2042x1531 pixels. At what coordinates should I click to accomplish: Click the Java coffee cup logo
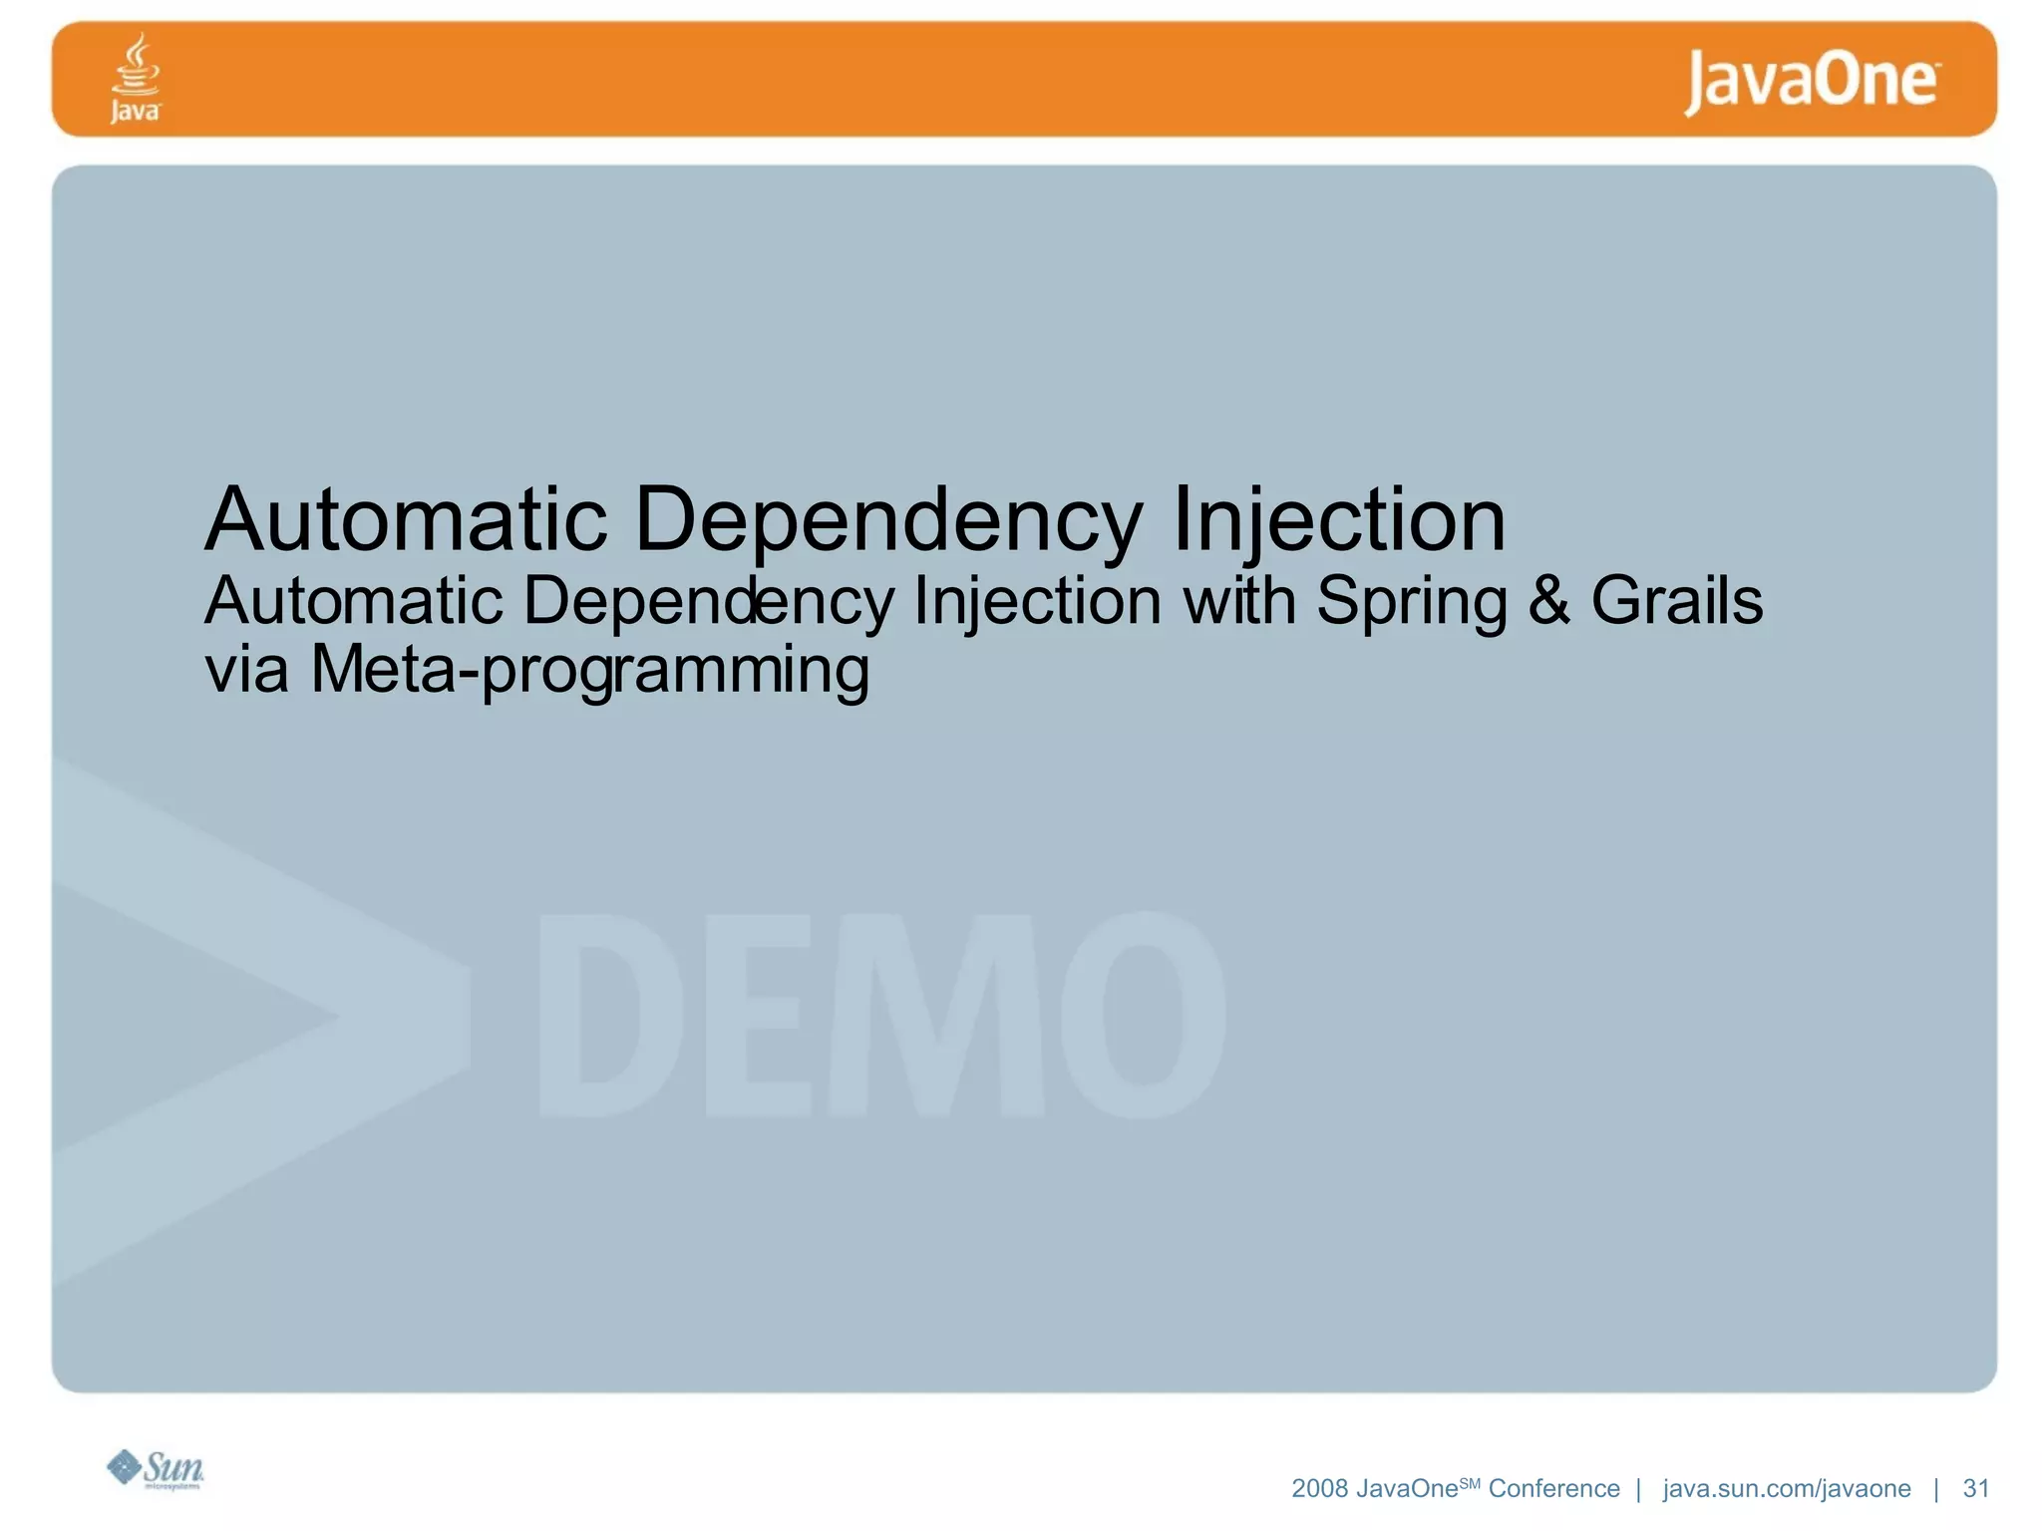pyautogui.click(x=135, y=77)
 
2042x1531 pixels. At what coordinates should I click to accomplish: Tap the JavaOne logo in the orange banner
pyautogui.click(x=1812, y=81)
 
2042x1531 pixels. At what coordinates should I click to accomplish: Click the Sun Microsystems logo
pyautogui.click(x=156, y=1468)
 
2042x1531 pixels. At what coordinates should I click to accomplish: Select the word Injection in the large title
pyautogui.click(x=1338, y=520)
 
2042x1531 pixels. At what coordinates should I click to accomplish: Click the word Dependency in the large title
pyautogui.click(x=888, y=520)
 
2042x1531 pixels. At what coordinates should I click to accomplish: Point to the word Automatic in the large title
pyautogui.click(x=406, y=520)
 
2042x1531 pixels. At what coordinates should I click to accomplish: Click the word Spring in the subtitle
pyautogui.click(x=1411, y=602)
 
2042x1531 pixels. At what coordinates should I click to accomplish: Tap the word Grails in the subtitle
pyautogui.click(x=1676, y=601)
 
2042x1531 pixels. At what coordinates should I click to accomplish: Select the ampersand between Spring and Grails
pyautogui.click(x=1548, y=601)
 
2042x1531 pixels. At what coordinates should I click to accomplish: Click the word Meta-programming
pyautogui.click(x=589, y=670)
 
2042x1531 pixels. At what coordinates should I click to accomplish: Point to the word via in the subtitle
pyautogui.click(x=246, y=670)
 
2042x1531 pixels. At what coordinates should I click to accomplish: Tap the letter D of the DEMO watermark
pyautogui.click(x=610, y=1014)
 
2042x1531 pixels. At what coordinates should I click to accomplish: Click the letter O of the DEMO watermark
pyautogui.click(x=1143, y=1014)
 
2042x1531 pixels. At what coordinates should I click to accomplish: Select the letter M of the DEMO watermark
pyautogui.click(x=937, y=1014)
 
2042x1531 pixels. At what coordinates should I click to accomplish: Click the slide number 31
pyautogui.click(x=1975, y=1488)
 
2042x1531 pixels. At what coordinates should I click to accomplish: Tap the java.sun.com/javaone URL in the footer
pyautogui.click(x=1787, y=1488)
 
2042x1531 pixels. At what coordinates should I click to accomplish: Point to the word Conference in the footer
pyautogui.click(x=1553, y=1488)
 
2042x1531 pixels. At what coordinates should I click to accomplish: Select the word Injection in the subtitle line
pyautogui.click(x=1037, y=601)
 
